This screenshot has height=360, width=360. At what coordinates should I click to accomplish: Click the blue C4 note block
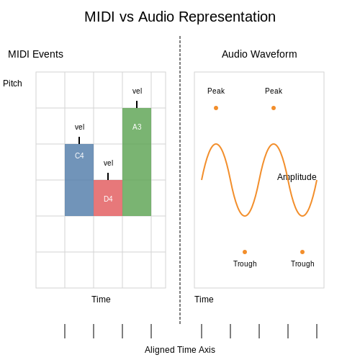coord(79,180)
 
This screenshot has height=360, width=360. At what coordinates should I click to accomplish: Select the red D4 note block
coord(108,198)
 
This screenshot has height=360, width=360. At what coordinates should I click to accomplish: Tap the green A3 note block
coord(137,162)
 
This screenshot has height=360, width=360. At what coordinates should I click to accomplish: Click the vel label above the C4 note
coord(79,127)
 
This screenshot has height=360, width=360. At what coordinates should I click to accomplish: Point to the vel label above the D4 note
coord(108,163)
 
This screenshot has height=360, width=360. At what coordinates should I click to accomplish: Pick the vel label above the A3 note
coord(137,91)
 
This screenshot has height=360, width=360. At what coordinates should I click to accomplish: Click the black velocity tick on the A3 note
coord(137,104)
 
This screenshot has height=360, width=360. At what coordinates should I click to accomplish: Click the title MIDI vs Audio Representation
coord(180,17)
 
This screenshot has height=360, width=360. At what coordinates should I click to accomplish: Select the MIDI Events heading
coord(35,54)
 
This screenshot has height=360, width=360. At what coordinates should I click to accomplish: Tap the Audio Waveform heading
coord(259,54)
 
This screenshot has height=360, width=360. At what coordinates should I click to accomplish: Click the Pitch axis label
coord(12,84)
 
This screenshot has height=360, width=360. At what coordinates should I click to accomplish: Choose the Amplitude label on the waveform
coord(297,177)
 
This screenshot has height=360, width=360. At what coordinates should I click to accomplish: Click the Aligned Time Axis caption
coord(180,350)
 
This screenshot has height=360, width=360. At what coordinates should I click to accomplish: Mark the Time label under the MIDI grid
coord(101,300)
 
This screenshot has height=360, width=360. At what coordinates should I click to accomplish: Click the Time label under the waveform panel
coord(204,300)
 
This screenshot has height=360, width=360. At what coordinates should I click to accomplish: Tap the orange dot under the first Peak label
coord(216,108)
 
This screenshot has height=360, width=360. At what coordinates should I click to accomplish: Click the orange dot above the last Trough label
coord(302,252)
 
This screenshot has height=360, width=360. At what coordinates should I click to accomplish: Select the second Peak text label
coord(274,91)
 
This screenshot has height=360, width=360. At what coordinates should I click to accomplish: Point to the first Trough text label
coord(245,264)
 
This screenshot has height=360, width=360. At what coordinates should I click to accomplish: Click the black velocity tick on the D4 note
coord(108,176)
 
